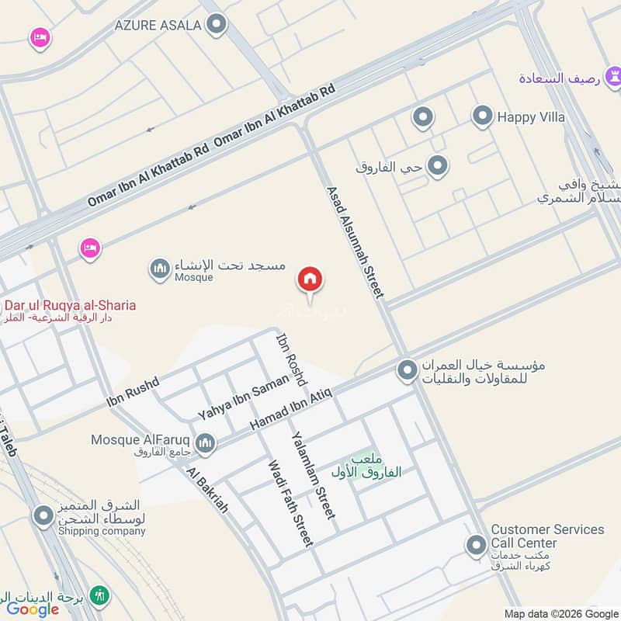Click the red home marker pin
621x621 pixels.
coord(310,280)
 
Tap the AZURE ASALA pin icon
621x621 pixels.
coord(217,25)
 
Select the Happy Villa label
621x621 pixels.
coord(531,117)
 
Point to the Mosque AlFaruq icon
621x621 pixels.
coord(205,442)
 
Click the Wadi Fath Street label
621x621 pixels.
coord(290,503)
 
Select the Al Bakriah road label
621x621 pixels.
coord(207,490)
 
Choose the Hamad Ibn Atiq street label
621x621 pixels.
coord(290,408)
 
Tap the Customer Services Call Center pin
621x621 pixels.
coord(476,546)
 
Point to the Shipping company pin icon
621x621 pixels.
coord(43,515)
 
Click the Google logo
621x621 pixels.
coord(33,609)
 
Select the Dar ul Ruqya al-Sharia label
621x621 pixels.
coord(70,305)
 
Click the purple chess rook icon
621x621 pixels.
coord(615,77)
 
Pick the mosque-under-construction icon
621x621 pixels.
coord(160,269)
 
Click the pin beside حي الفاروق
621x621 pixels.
coord(438,166)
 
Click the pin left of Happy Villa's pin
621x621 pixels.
coord(422,117)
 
